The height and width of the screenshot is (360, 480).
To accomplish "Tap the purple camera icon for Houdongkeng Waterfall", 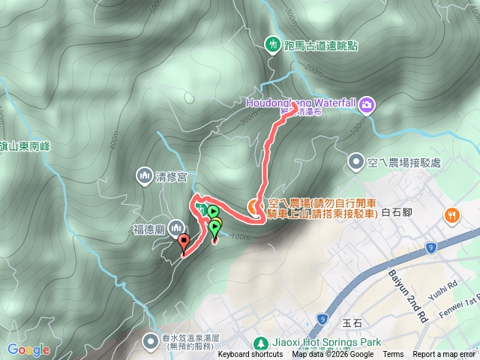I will pos(367,103).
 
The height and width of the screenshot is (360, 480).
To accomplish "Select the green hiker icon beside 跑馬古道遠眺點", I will pos(271,45).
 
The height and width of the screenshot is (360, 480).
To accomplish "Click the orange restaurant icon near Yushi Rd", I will pos(451,214).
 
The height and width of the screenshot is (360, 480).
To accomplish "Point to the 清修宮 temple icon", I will pos(143,176).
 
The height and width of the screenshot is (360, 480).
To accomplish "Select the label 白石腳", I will pos(397,213).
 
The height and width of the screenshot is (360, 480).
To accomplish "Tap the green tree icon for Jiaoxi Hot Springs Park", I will pos(260,342).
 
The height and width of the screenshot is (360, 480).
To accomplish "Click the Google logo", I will pos(28,349).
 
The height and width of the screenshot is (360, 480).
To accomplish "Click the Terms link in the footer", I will pos(393,355).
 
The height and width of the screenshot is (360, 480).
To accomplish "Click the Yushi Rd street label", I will pos(445,286).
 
